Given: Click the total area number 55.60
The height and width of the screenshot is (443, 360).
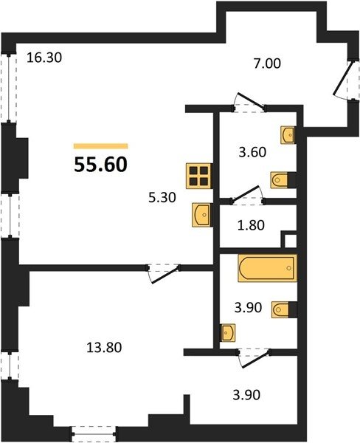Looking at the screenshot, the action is tap(101, 165).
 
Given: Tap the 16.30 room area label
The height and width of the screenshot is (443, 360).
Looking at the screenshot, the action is tap(44, 58).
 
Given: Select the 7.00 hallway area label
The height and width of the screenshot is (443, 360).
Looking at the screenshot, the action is tap(267, 63).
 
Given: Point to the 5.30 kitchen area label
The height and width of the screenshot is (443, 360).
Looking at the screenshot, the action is tap(162, 197).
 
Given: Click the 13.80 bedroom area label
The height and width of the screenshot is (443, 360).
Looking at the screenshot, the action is tap(104, 348).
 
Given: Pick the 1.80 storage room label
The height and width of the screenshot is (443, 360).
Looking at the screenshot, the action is tap(251, 225).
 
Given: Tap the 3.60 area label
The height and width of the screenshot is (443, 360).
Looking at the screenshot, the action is tap(252, 152).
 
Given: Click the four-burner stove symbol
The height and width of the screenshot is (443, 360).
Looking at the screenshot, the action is tap(198, 176).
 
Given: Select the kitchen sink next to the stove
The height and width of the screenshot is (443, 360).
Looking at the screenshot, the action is tap(201, 215).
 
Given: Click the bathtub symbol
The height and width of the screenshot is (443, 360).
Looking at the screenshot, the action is tap(268, 268).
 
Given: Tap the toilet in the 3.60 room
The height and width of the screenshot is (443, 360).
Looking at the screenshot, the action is tap(283, 180).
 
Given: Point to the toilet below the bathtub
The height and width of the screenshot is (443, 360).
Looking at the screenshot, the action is tap(284, 309).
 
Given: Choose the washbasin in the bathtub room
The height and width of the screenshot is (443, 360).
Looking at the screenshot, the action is tap(227, 333).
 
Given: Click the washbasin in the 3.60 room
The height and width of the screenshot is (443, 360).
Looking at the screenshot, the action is tap(288, 135).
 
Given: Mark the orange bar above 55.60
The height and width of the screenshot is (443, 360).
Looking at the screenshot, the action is tap(101, 146).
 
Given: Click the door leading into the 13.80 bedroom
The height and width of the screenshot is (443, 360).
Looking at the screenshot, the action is tap(164, 273).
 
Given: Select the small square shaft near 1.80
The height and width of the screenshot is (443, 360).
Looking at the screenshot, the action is tap(289, 240).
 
